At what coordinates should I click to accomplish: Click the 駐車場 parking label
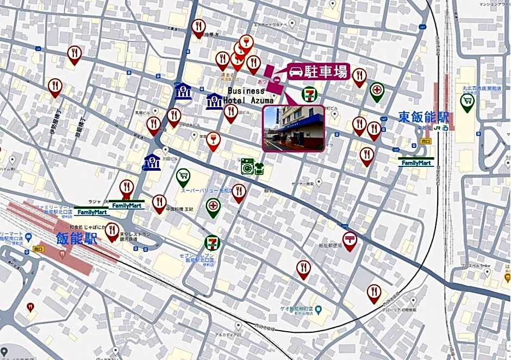pyautogui.click(x=325, y=71)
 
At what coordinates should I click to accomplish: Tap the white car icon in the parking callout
pyautogui.click(x=296, y=72)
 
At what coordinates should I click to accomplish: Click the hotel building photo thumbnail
pyautogui.click(x=294, y=128)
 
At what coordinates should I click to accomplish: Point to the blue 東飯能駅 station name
pyautogui.click(x=423, y=116)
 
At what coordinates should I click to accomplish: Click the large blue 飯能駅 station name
pyautogui.click(x=77, y=238)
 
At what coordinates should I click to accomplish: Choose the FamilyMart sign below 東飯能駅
pyautogui.click(x=416, y=162)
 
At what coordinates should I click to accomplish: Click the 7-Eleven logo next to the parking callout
pyautogui.click(x=309, y=94)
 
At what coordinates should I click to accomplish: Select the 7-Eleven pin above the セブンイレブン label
pyautogui.click(x=212, y=243)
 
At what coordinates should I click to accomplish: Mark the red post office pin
pyautogui.click(x=350, y=240)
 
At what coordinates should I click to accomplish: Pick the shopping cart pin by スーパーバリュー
pyautogui.click(x=183, y=176)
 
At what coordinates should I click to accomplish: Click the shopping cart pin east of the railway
pyautogui.click(x=466, y=101)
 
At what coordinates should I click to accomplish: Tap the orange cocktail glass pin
pyautogui.click(x=213, y=140)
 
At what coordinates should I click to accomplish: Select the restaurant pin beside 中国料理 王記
pyautogui.click(x=159, y=203)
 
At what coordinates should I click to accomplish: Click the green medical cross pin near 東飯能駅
pyautogui.click(x=377, y=91)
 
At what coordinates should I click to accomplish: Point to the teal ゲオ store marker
pyautogui.click(x=319, y=311)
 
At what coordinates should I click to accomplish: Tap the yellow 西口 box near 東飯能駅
pyautogui.click(x=425, y=140)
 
